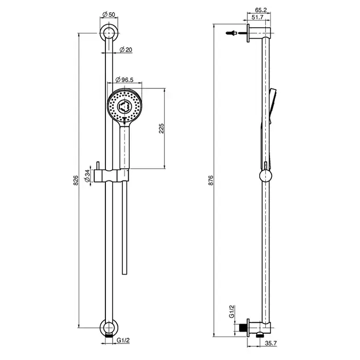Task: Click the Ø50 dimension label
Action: (109, 14)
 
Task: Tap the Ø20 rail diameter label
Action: (126, 49)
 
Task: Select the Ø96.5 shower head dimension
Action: (124, 80)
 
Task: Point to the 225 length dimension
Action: (161, 129)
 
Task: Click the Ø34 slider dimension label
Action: (87, 176)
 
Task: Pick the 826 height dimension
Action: (76, 180)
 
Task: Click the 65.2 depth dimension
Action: (261, 10)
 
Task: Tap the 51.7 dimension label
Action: (257, 17)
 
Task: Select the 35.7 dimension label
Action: (271, 343)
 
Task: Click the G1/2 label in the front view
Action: (123, 340)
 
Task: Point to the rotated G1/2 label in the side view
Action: (231, 311)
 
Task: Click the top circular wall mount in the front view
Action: (109, 33)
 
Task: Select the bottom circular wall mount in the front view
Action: (109, 328)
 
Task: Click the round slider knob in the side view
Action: (266, 176)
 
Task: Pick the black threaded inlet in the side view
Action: (242, 328)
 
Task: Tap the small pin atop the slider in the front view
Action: (98, 166)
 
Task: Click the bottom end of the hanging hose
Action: (124, 274)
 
